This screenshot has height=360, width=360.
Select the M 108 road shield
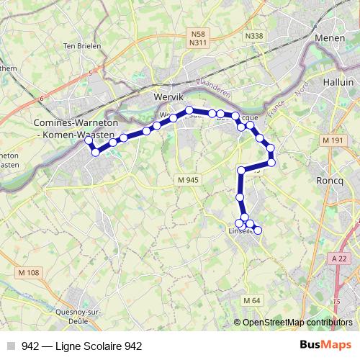(x=28, y=271)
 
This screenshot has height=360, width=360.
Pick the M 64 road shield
(x=251, y=300)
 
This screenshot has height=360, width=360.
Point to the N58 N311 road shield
(x=199, y=38)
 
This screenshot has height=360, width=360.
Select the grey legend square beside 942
(x=12, y=346)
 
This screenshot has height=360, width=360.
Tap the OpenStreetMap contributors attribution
(x=297, y=323)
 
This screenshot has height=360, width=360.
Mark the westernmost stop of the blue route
(x=89, y=141)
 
